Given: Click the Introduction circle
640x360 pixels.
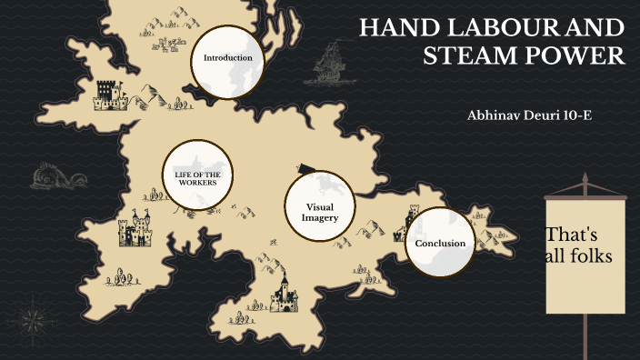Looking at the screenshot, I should (227, 59).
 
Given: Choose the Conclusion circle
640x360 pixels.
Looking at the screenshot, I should (440, 243).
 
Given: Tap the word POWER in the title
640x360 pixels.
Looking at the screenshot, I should (582, 55).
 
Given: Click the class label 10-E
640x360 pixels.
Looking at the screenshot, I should (580, 115).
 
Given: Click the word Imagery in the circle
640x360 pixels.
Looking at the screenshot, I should (320, 218).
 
